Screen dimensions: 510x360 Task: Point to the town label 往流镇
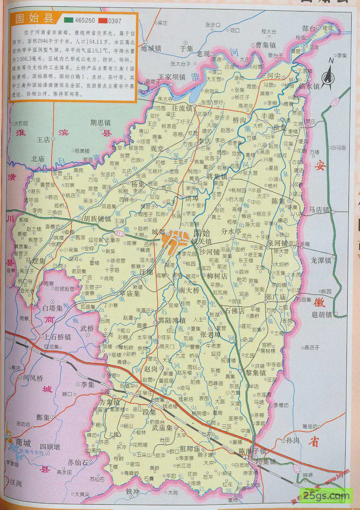pyautogui.click(x=182, y=108)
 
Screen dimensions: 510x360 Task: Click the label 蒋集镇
pyautogui.click(x=217, y=176)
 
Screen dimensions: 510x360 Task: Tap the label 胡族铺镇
pyautogui.click(x=97, y=218)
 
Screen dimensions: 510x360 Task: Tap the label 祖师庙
pyautogui.click(x=190, y=449)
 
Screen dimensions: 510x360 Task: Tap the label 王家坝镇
pyautogui.click(x=173, y=77)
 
